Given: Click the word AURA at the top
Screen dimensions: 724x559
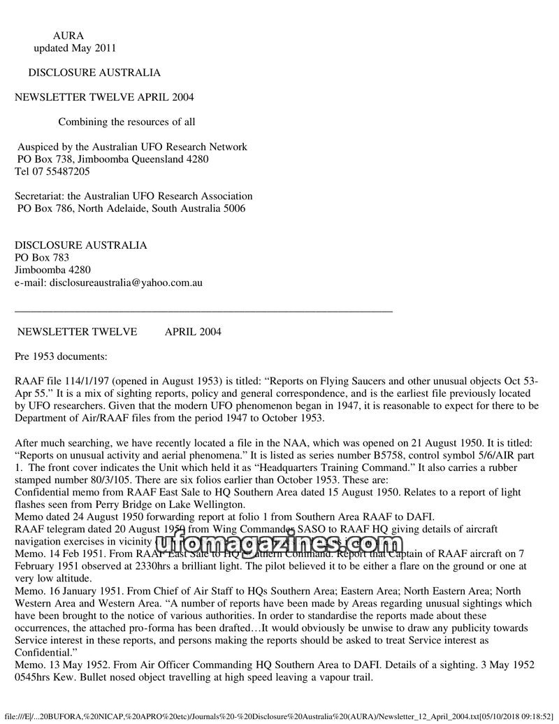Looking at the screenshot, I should (68, 36).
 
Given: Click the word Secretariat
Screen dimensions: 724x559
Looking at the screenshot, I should (41, 196).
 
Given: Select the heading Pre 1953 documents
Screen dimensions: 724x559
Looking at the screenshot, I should (61, 356).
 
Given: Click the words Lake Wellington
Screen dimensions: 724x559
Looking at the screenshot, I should (210, 505).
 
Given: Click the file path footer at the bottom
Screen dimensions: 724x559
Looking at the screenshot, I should (279, 717).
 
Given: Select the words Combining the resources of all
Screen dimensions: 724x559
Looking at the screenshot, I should (126, 122).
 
